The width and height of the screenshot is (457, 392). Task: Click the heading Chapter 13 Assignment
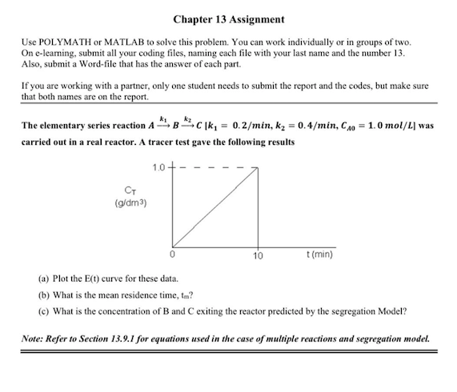click(228, 18)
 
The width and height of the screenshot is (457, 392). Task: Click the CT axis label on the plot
click(127, 192)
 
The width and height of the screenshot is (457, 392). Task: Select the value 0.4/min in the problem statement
click(323, 126)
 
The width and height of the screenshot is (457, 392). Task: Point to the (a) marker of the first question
click(42, 282)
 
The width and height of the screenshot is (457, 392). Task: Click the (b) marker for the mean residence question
click(42, 296)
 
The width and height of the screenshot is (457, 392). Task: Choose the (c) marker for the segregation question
click(42, 311)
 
